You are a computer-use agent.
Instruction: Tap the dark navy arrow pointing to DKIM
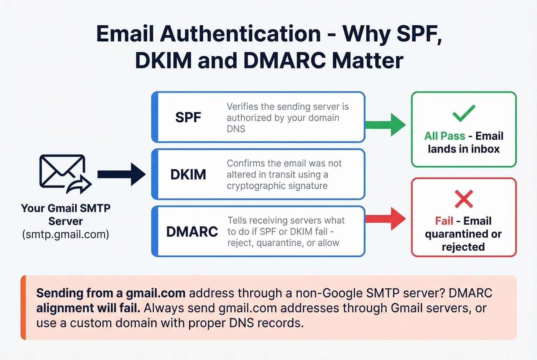121,174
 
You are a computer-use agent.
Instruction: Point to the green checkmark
464,113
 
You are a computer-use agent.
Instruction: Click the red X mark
464,199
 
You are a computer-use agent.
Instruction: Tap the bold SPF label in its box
188,117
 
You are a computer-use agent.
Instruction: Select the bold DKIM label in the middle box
188,175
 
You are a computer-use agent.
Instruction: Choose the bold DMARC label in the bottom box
192,232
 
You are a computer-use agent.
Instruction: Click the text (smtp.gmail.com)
66,234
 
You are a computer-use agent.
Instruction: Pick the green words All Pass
445,136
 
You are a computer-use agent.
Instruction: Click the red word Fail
444,221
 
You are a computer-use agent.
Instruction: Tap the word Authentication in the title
240,34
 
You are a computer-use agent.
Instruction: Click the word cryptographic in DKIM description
254,186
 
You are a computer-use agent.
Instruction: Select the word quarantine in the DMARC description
280,243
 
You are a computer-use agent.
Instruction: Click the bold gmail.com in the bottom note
156,293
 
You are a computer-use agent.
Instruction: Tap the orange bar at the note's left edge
23,307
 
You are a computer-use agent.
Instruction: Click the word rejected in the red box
463,247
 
